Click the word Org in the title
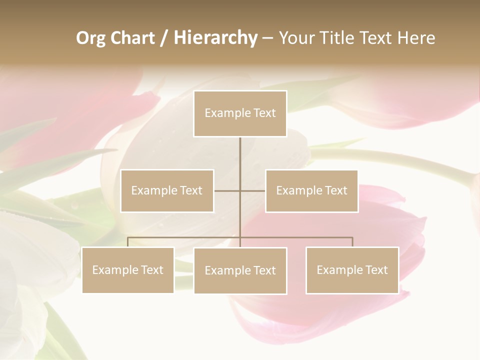click(90, 38)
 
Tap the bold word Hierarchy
click(215, 38)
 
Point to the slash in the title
click(163, 38)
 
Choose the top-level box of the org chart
click(240, 113)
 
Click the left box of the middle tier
click(167, 190)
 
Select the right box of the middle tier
click(312, 190)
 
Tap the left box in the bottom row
click(128, 270)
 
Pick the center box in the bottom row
click(240, 270)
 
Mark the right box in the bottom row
click(352, 270)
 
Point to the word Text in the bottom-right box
click(376, 270)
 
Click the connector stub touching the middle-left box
click(226, 190)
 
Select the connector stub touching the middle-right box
click(253, 190)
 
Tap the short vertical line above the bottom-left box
click(128, 242)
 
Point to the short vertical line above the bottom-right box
click(352, 242)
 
